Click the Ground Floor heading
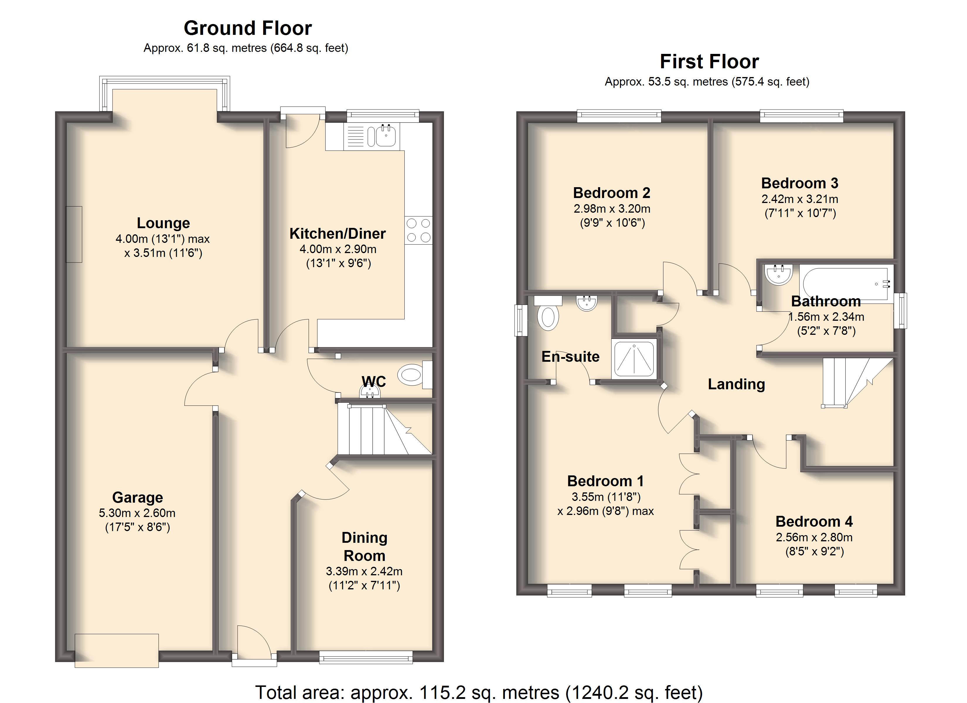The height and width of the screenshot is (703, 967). (x=248, y=28)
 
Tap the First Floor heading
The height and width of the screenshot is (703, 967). (x=709, y=62)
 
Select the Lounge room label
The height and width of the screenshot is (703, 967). (x=163, y=223)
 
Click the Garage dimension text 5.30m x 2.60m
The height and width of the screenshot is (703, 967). (x=137, y=513)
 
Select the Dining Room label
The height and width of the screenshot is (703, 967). (x=365, y=547)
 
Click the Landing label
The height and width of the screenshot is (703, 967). (x=736, y=384)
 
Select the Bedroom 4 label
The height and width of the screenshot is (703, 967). (x=814, y=521)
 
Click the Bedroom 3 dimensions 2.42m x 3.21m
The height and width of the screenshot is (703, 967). (x=800, y=199)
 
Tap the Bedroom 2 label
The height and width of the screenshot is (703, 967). (x=612, y=193)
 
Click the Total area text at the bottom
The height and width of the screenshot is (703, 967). (x=479, y=693)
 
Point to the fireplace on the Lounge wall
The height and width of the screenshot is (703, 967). (x=74, y=234)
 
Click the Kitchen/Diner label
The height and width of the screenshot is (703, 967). (x=337, y=234)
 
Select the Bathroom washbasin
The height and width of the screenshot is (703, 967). (x=779, y=274)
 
